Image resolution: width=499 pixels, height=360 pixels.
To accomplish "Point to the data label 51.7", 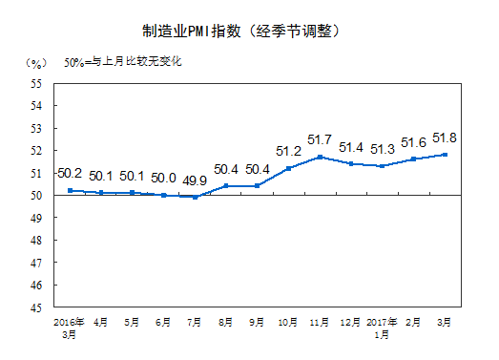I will pyautogui.click(x=320, y=140).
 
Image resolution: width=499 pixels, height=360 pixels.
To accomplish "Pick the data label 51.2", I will pyautogui.click(x=289, y=151).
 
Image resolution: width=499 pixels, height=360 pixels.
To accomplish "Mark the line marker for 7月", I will pyautogui.click(x=195, y=197).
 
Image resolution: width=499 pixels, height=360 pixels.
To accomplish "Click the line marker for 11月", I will pyautogui.click(x=320, y=157).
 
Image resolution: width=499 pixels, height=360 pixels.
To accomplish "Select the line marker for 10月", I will pyautogui.click(x=289, y=168).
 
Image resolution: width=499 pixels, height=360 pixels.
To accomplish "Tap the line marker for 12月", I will pyautogui.click(x=351, y=163).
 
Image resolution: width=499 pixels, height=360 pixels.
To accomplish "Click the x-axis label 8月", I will pyautogui.click(x=226, y=324).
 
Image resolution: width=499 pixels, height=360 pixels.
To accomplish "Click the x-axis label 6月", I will pyautogui.click(x=163, y=324).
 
